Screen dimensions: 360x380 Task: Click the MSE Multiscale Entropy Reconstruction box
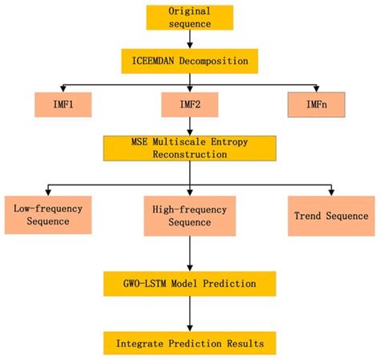189,148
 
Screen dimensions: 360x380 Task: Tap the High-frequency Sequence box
189,215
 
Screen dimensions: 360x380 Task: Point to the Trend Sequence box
330,215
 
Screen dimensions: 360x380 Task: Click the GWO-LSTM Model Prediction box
189,283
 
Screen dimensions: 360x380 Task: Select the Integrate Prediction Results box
189,342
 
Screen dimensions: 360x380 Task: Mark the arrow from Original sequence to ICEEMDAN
190,40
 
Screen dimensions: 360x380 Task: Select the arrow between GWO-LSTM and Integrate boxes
189,313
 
